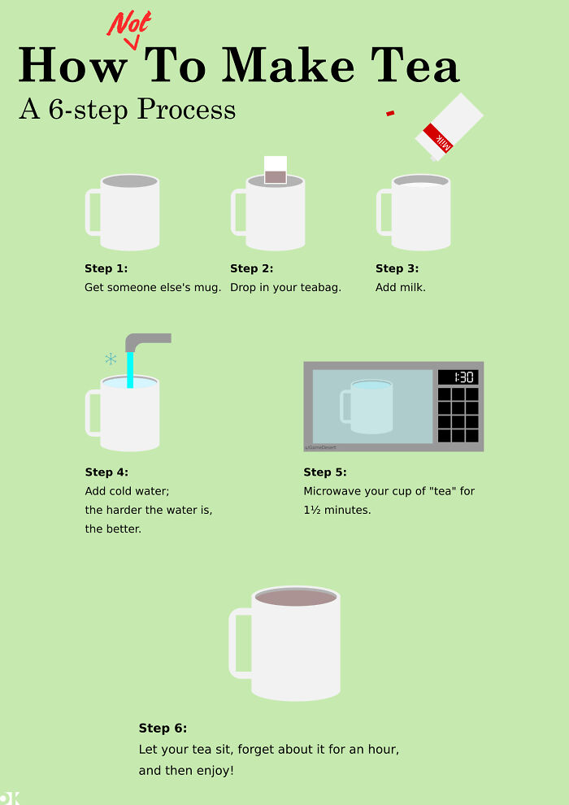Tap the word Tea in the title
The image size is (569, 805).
[x=415, y=65]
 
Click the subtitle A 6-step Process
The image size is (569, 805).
[x=127, y=109]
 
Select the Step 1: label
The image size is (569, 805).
[x=106, y=268]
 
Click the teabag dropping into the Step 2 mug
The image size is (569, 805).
[x=276, y=170]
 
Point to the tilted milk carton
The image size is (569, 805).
[x=449, y=127]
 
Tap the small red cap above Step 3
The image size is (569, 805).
[x=390, y=113]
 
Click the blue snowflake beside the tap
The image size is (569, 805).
[x=111, y=359]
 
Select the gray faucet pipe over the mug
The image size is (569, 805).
[x=146, y=340]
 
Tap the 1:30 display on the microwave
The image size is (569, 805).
[x=458, y=377]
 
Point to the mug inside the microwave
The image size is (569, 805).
[x=371, y=407]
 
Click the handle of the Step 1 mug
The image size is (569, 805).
[x=92, y=213]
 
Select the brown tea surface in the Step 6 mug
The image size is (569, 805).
[x=296, y=598]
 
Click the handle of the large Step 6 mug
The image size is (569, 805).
[x=238, y=642]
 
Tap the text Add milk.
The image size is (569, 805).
[x=400, y=287]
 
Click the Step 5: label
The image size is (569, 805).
[x=325, y=472]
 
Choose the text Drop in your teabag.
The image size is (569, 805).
[x=285, y=287]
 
